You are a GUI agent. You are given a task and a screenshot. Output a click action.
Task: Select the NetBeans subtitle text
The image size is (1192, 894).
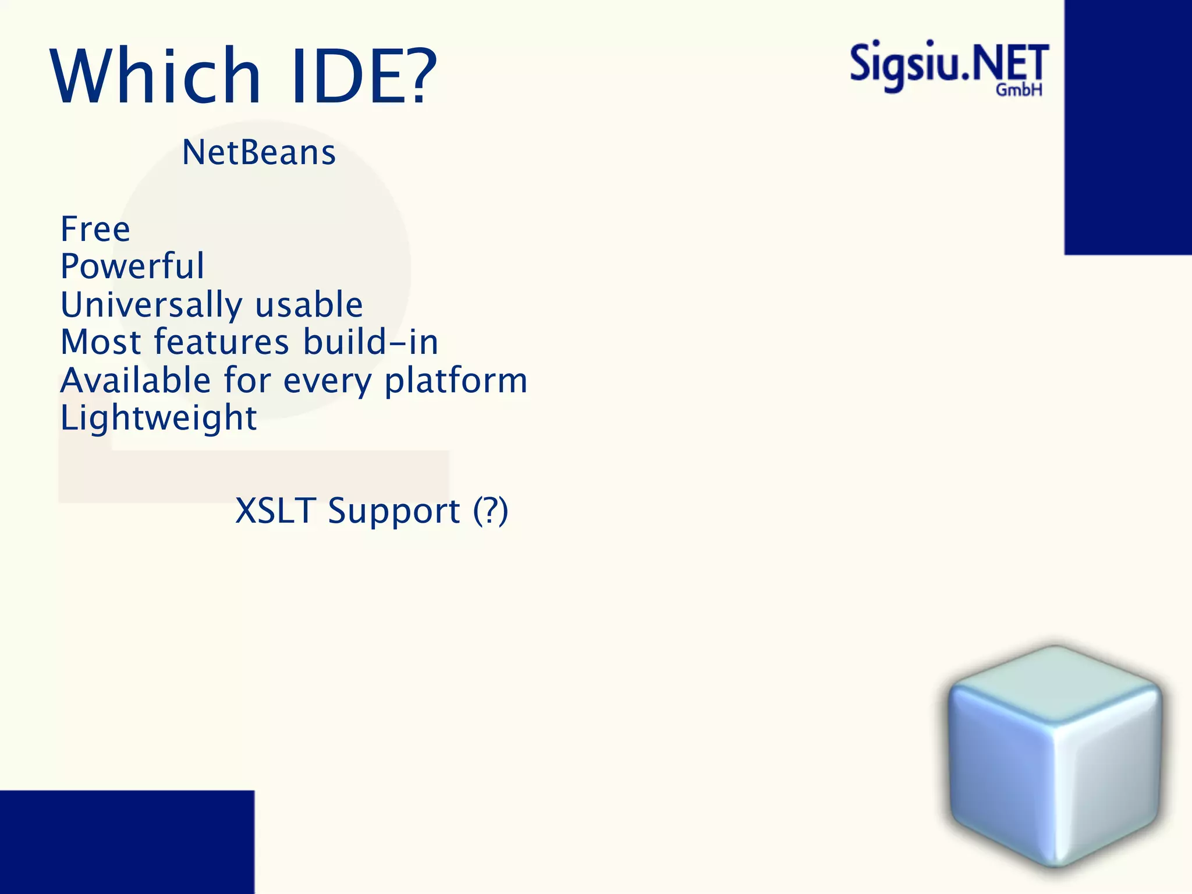(x=259, y=152)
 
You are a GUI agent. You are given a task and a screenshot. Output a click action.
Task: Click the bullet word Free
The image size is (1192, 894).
(x=95, y=229)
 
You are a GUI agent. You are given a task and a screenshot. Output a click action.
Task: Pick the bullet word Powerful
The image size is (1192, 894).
(x=133, y=266)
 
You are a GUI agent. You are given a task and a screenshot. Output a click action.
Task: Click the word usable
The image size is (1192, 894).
(x=309, y=304)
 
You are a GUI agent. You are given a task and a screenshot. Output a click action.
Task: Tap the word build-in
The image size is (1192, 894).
(x=371, y=342)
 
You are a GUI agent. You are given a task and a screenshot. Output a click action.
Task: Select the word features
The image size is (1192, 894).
(x=221, y=342)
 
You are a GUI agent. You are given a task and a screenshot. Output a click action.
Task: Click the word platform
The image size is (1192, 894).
(x=456, y=381)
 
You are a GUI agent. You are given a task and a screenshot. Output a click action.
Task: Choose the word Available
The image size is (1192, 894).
(x=136, y=381)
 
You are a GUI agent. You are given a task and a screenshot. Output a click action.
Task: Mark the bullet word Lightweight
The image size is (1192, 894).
(x=158, y=418)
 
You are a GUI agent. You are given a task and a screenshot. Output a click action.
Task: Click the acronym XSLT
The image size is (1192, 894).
(x=275, y=511)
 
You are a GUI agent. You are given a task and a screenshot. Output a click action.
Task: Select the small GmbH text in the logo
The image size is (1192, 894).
(x=1019, y=90)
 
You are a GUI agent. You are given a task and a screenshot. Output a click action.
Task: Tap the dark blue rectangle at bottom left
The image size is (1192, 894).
(x=127, y=842)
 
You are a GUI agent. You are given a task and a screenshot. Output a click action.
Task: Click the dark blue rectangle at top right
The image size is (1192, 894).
(x=1128, y=127)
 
